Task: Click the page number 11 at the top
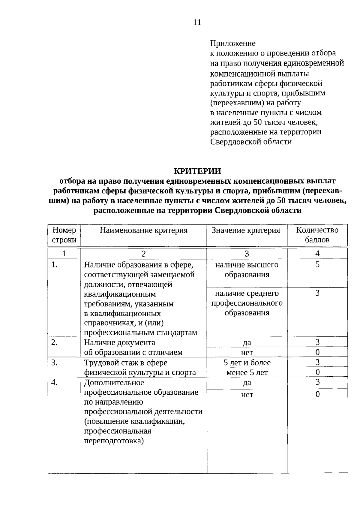coord(197,23)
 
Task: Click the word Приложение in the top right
coord(232,44)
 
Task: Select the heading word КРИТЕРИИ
coord(197,171)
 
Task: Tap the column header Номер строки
coord(64,235)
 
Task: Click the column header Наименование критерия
coord(144,230)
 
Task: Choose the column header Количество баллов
coord(317,235)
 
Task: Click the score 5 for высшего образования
coord(317,265)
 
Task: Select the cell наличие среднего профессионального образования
coord(247,303)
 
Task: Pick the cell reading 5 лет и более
coord(247,363)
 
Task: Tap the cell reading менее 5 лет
coord(247,373)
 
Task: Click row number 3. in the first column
coord(54,363)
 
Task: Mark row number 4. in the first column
coord(54,383)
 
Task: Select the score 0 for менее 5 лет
coord(317,372)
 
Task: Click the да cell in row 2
coord(247,343)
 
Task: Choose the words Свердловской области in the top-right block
coord(251,142)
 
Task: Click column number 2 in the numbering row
coord(144,254)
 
